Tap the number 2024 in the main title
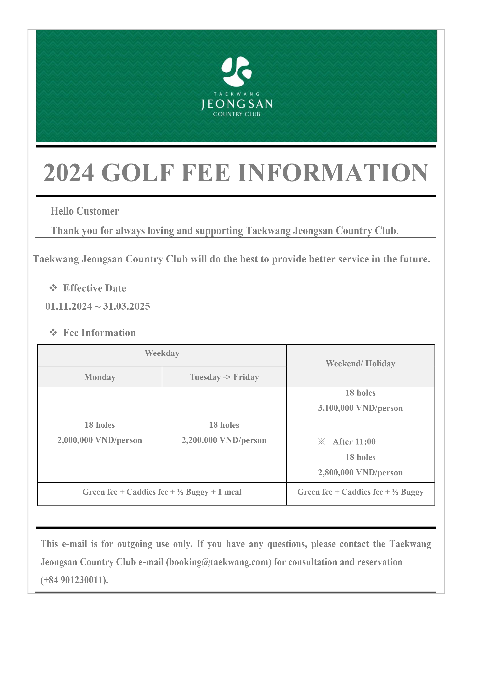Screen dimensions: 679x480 tap(69, 173)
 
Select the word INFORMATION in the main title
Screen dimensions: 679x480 tap(333, 173)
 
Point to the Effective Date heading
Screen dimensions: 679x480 tap(95, 288)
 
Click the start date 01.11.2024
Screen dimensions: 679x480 tap(69, 306)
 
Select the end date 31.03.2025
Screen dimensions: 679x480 tap(127, 306)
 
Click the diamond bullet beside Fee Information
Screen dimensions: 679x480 tap(53, 332)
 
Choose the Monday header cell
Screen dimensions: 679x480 tap(100, 377)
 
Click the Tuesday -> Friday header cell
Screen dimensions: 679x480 tap(224, 377)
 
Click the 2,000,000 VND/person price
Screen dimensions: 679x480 tap(100, 440)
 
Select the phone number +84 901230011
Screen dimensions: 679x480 tap(74, 580)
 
